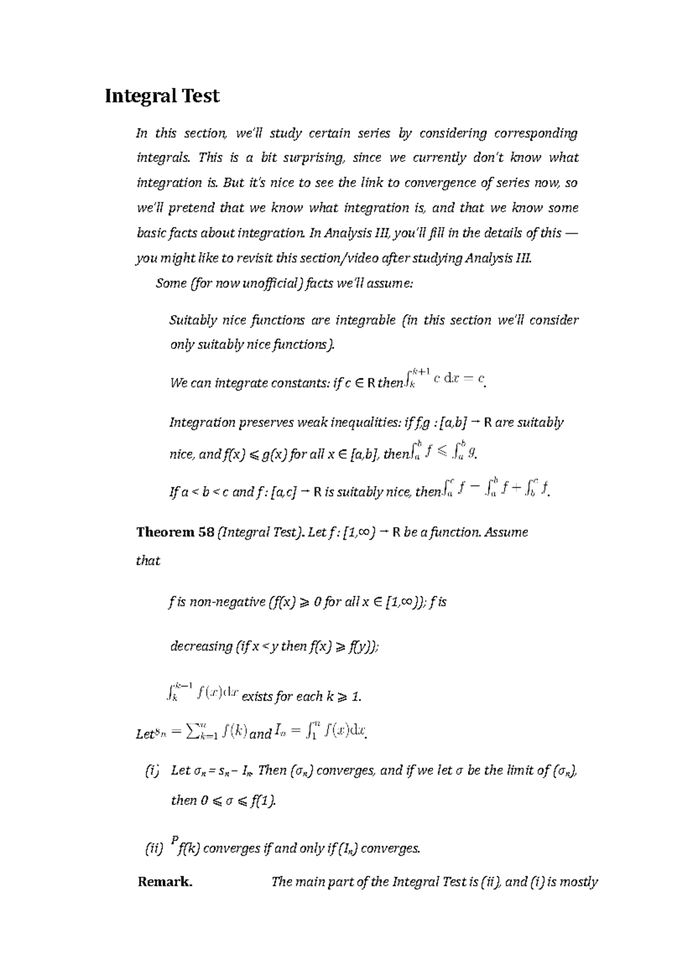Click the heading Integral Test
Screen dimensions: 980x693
[162, 96]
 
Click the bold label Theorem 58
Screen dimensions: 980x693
[175, 532]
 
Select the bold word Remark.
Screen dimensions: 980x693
[165, 882]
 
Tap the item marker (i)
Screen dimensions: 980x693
[151, 770]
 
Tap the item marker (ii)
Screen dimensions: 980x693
[154, 848]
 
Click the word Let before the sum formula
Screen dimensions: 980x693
[144, 734]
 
